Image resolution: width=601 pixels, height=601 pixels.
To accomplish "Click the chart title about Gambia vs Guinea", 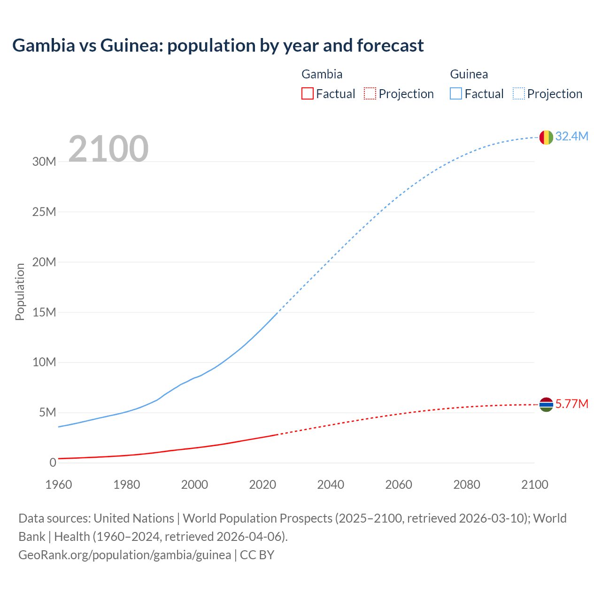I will pyautogui.click(x=218, y=46).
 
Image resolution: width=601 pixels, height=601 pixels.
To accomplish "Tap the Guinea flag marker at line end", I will pyautogui.click(x=546, y=137).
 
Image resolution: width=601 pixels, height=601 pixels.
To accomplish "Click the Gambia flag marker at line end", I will pyautogui.click(x=546, y=404).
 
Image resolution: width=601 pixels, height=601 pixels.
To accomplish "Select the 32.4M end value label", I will pyautogui.click(x=571, y=136).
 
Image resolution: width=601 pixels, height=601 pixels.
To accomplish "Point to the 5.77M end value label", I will pyautogui.click(x=571, y=404).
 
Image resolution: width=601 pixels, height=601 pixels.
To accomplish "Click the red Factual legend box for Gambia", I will pyautogui.click(x=307, y=93).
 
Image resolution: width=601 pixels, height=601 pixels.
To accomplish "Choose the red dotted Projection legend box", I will pyautogui.click(x=370, y=93).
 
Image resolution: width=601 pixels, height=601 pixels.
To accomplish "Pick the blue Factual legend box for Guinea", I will pyautogui.click(x=456, y=93).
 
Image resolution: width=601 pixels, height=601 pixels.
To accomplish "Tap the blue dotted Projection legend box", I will pyautogui.click(x=518, y=93).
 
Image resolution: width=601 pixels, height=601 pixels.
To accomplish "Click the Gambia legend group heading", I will pyautogui.click(x=322, y=74).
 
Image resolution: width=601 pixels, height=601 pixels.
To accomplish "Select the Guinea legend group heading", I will pyautogui.click(x=469, y=74).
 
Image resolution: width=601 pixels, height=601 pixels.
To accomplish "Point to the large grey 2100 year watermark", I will pyautogui.click(x=108, y=149).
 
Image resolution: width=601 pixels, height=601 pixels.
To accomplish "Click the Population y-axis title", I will pyautogui.click(x=20, y=292).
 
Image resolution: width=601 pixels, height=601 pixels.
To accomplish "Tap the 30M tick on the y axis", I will pyautogui.click(x=44, y=162).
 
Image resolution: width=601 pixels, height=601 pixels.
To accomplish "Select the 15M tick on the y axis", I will pyautogui.click(x=44, y=312).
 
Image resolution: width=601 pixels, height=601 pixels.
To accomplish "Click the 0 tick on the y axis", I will pyautogui.click(x=53, y=463).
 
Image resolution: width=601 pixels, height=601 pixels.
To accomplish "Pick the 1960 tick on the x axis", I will pyautogui.click(x=59, y=485).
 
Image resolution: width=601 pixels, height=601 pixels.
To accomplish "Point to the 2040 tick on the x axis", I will pyautogui.click(x=331, y=485).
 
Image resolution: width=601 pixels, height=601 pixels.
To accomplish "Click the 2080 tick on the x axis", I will pyautogui.click(x=467, y=485).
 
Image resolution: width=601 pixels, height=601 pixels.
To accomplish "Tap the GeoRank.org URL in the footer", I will pyautogui.click(x=124, y=555).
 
